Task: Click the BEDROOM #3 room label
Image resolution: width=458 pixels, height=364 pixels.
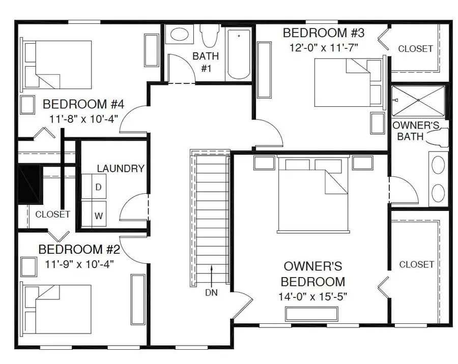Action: (324, 34)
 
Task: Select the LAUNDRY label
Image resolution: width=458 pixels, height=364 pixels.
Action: (121, 169)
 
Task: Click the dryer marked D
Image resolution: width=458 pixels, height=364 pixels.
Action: (98, 187)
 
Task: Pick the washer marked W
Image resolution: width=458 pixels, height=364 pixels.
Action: (98, 216)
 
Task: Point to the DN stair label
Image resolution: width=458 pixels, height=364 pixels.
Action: (212, 293)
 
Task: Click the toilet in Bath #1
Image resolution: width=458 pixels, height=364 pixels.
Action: (207, 36)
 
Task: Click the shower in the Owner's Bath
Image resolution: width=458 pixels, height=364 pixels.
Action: (418, 101)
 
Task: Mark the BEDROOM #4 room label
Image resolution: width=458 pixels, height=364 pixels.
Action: (83, 105)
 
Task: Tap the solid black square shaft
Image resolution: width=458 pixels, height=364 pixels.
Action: (29, 184)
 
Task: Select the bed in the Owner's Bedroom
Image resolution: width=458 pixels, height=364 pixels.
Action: (313, 194)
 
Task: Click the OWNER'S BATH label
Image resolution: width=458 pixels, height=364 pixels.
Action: (413, 131)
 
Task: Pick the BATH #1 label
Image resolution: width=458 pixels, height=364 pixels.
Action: (206, 62)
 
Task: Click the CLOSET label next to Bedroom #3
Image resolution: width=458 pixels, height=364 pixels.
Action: (415, 49)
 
